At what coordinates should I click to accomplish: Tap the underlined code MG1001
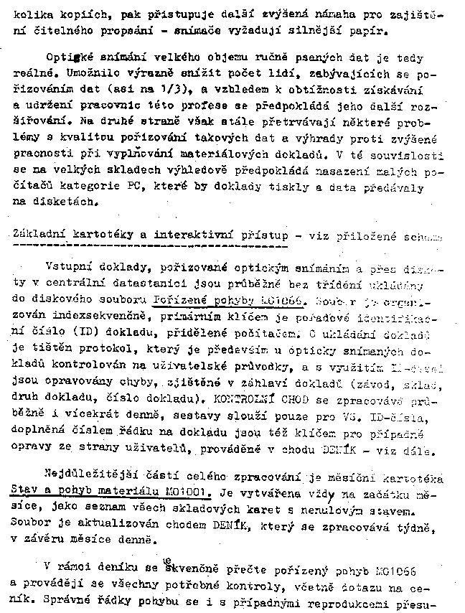tap(186, 494)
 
